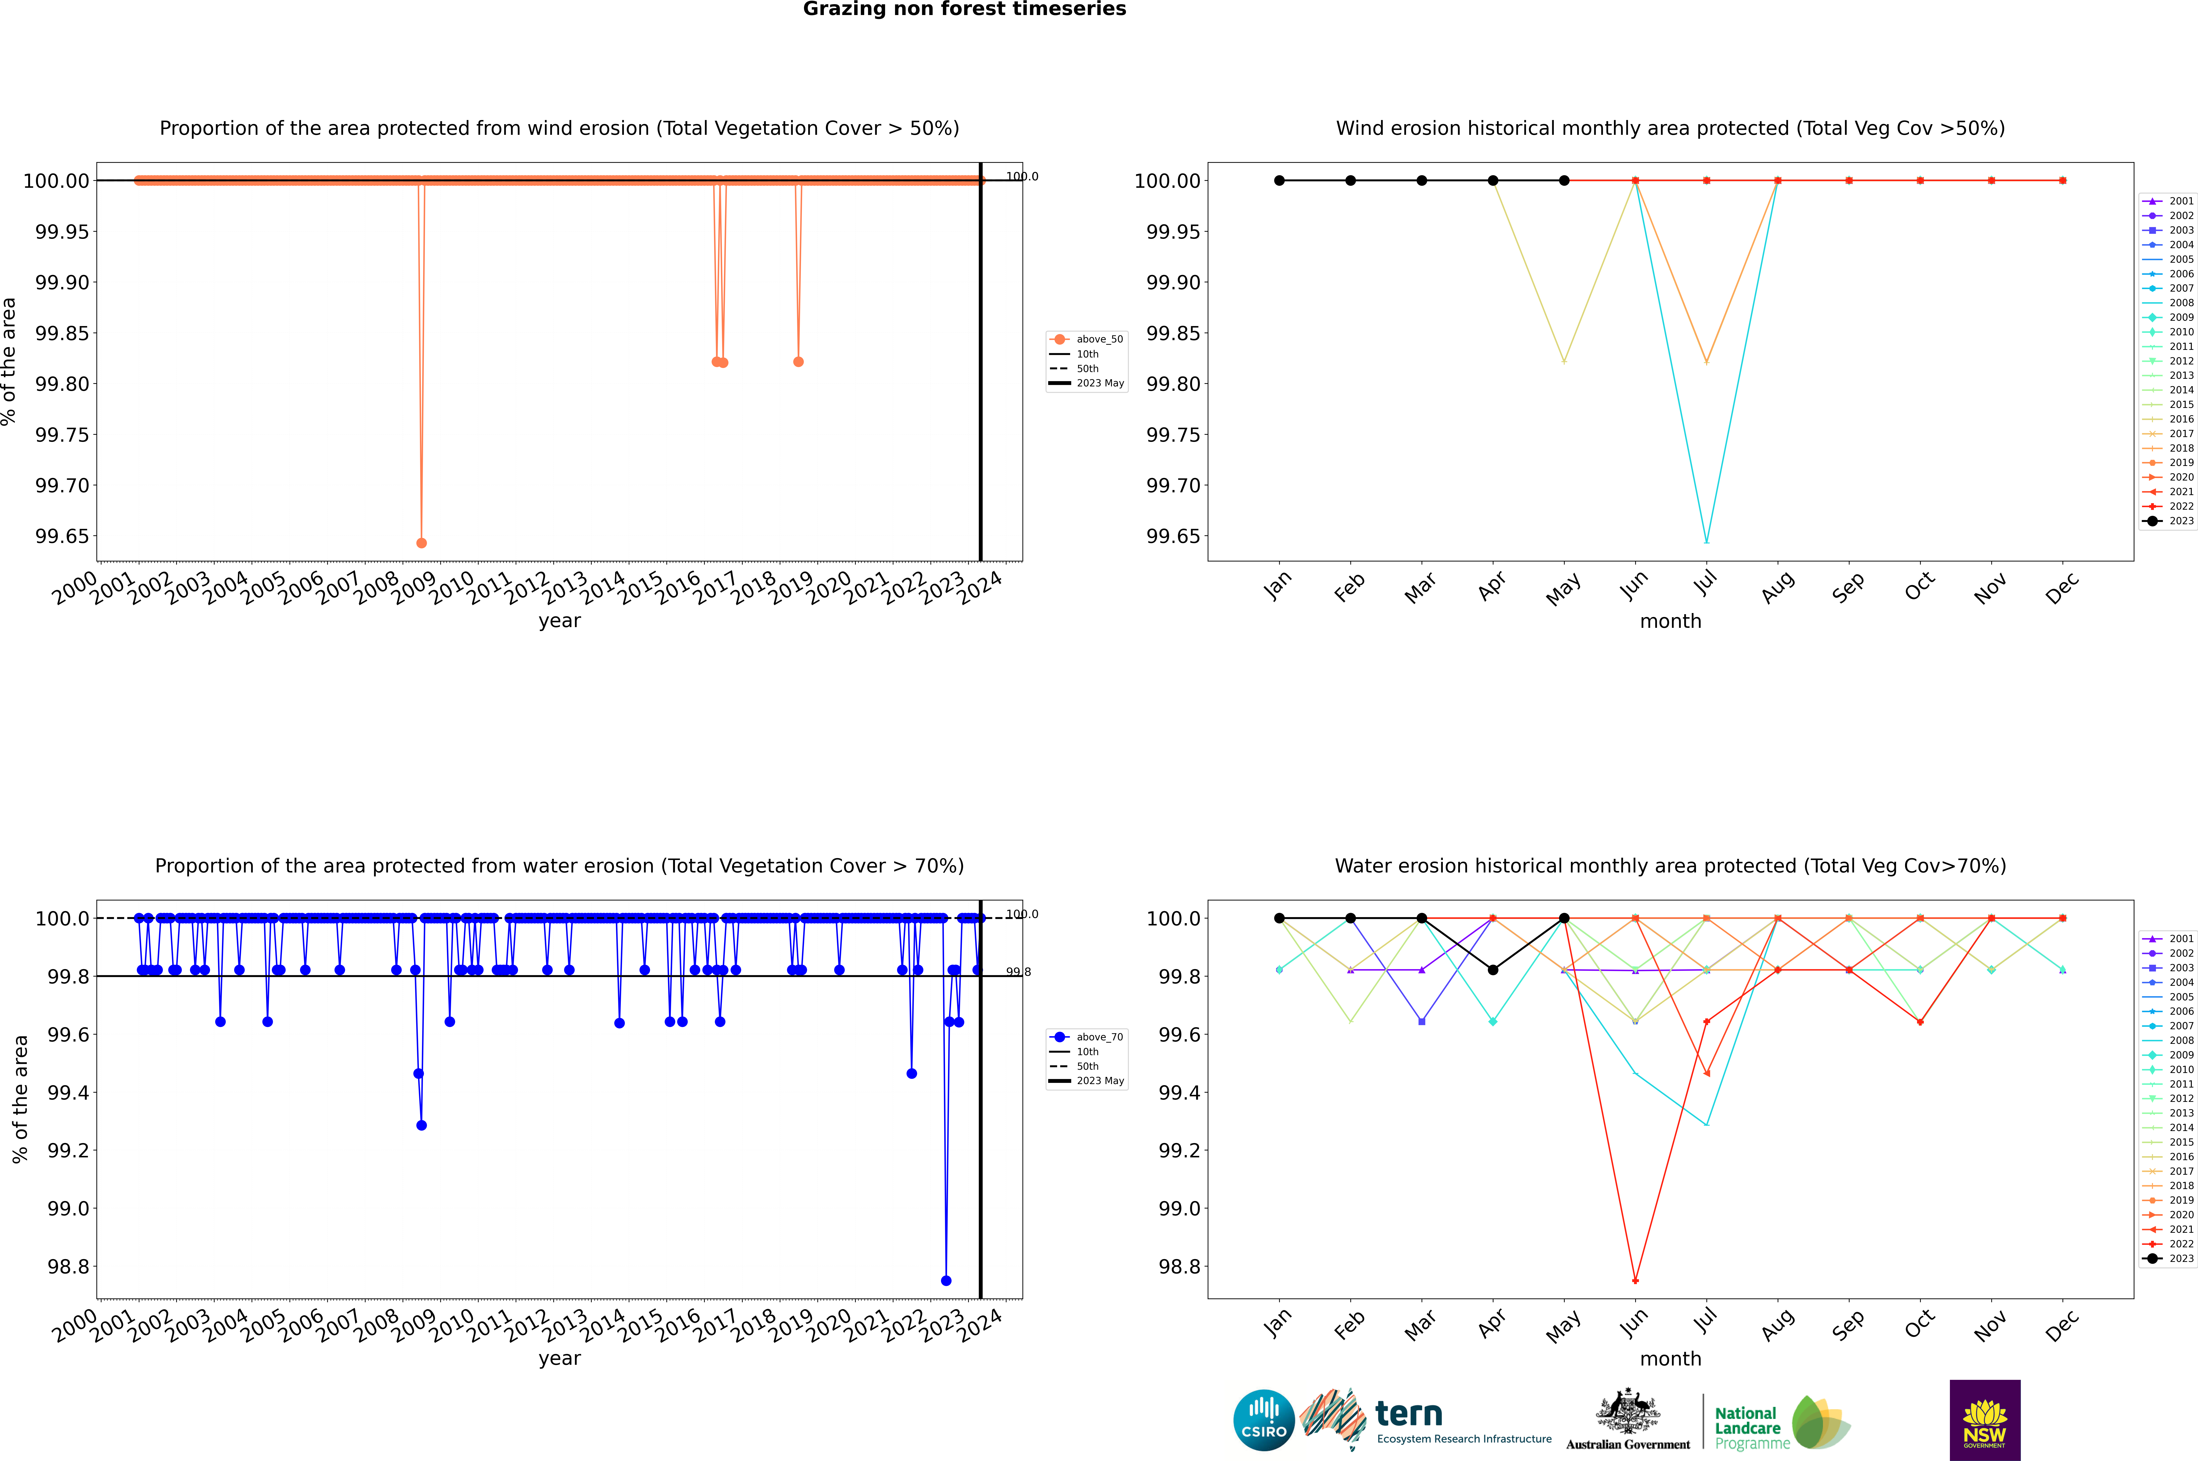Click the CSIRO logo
(1263, 1420)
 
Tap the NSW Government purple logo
(1985, 1420)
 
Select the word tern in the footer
(1409, 1415)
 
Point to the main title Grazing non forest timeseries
(964, 9)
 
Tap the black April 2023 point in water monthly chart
(1493, 970)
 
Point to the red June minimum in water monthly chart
(1635, 1280)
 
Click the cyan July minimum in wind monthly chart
(1706, 541)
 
